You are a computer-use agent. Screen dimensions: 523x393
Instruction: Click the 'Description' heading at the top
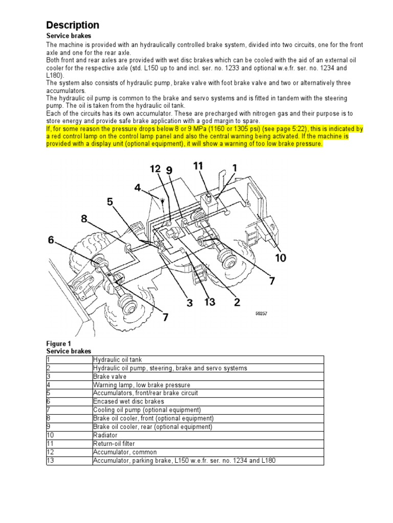73,25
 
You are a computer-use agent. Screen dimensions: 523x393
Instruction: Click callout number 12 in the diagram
156,169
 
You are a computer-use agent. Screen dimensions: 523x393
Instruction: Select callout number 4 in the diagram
137,188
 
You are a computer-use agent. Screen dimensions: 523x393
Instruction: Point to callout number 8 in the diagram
110,202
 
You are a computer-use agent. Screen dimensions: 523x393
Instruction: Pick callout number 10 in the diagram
281,258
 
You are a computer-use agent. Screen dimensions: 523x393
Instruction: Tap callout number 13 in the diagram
209,302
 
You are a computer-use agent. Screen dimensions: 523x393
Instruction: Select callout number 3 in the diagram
189,303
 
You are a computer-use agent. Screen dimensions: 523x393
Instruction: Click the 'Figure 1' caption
59,344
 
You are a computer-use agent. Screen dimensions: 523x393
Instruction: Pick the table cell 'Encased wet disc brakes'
125,401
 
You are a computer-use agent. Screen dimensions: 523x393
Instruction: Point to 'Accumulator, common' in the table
125,452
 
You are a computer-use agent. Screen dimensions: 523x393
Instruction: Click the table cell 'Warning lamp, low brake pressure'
141,385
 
